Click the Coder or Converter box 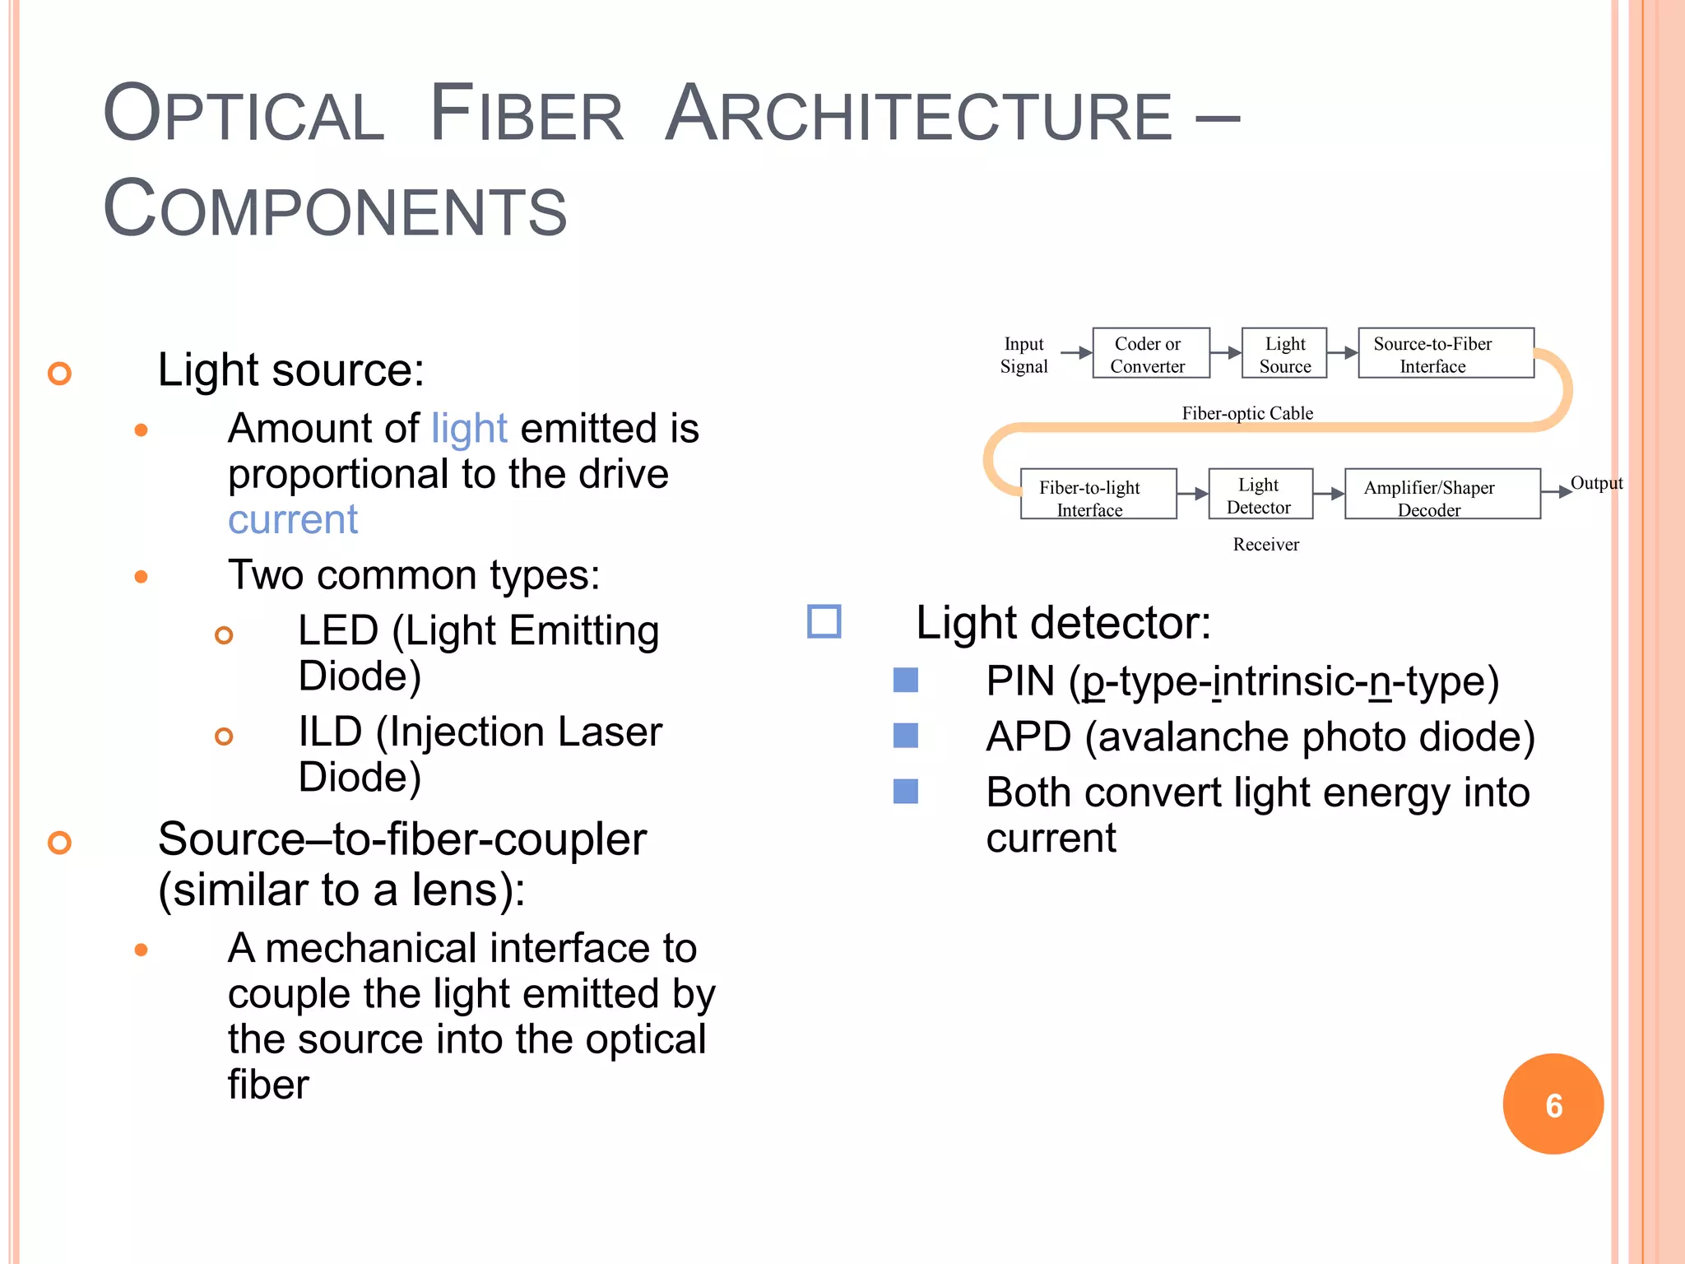click(1150, 353)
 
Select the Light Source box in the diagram click(1283, 353)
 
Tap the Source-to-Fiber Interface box click(1445, 353)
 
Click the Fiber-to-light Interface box click(1098, 494)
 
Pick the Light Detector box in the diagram click(1260, 494)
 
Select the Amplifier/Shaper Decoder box click(1441, 494)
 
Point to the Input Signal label click(1024, 355)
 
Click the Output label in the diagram click(1596, 483)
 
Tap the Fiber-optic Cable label click(1247, 413)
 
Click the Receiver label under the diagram click(1265, 544)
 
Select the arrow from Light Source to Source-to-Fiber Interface click(1342, 352)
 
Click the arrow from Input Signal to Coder click(1075, 352)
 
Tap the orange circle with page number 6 click(1553, 1104)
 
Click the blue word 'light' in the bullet click(469, 428)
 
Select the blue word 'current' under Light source click(292, 519)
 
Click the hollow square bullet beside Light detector click(824, 621)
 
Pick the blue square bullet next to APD click(905, 735)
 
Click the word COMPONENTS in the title click(335, 209)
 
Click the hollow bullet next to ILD click(224, 736)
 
